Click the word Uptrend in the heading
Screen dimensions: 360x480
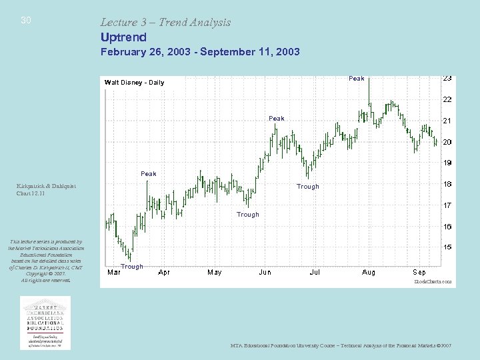(123, 37)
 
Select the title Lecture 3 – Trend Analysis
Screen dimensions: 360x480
(165, 22)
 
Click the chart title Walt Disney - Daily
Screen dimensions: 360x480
(134, 83)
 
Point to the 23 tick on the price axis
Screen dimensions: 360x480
(447, 79)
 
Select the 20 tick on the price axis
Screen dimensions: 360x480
(447, 142)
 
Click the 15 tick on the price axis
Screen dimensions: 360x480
(447, 247)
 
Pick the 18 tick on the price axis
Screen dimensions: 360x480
(447, 184)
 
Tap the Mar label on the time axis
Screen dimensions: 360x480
(113, 272)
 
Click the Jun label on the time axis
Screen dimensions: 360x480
(265, 272)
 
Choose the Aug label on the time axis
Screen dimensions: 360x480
(368, 272)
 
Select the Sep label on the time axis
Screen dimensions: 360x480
(419, 272)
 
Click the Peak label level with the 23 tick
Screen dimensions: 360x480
(357, 79)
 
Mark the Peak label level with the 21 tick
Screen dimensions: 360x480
(276, 119)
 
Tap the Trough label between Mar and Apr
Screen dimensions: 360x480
(131, 267)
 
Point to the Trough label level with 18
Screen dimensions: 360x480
(307, 187)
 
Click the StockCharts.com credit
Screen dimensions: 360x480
(433, 282)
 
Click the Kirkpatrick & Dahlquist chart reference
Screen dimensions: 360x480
(45, 190)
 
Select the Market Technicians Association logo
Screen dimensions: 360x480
(45, 322)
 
